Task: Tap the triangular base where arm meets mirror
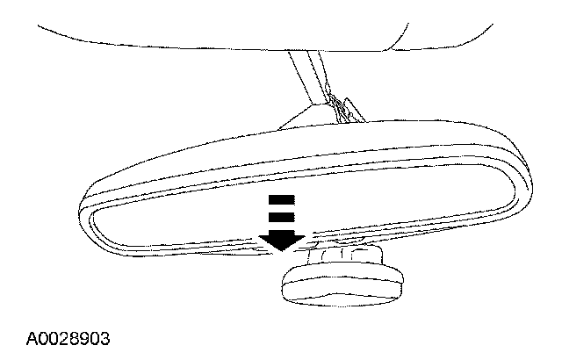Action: pos(303,119)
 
